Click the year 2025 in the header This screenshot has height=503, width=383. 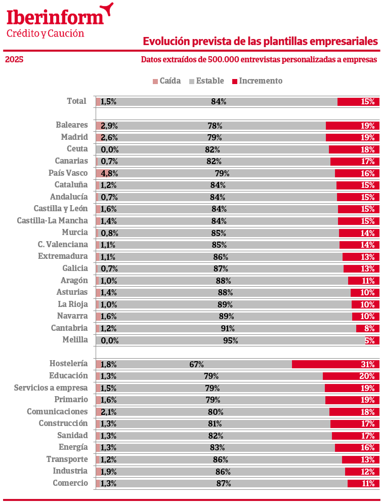coord(14,60)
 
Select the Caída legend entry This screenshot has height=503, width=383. coord(167,81)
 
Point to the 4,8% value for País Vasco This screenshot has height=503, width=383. coord(109,173)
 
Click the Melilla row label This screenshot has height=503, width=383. coord(75,340)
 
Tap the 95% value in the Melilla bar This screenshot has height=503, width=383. coord(230,340)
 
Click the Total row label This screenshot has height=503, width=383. coord(76,101)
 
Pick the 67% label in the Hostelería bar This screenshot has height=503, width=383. coord(197,364)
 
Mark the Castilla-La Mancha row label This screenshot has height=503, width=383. coord(52,221)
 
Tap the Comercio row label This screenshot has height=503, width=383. coord(70,483)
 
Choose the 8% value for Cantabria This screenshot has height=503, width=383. coord(369,328)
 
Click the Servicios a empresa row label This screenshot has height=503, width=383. coord(51,388)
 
